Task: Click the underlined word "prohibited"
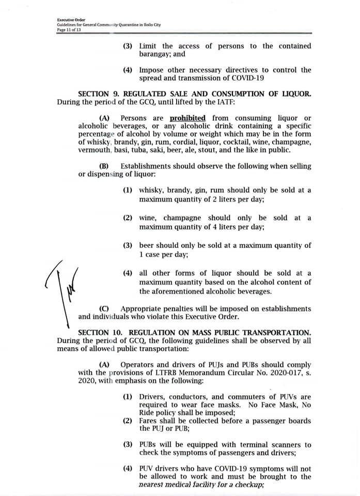click(x=187, y=118)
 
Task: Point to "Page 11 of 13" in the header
click(x=69, y=30)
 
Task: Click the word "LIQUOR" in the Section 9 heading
click(x=295, y=94)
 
